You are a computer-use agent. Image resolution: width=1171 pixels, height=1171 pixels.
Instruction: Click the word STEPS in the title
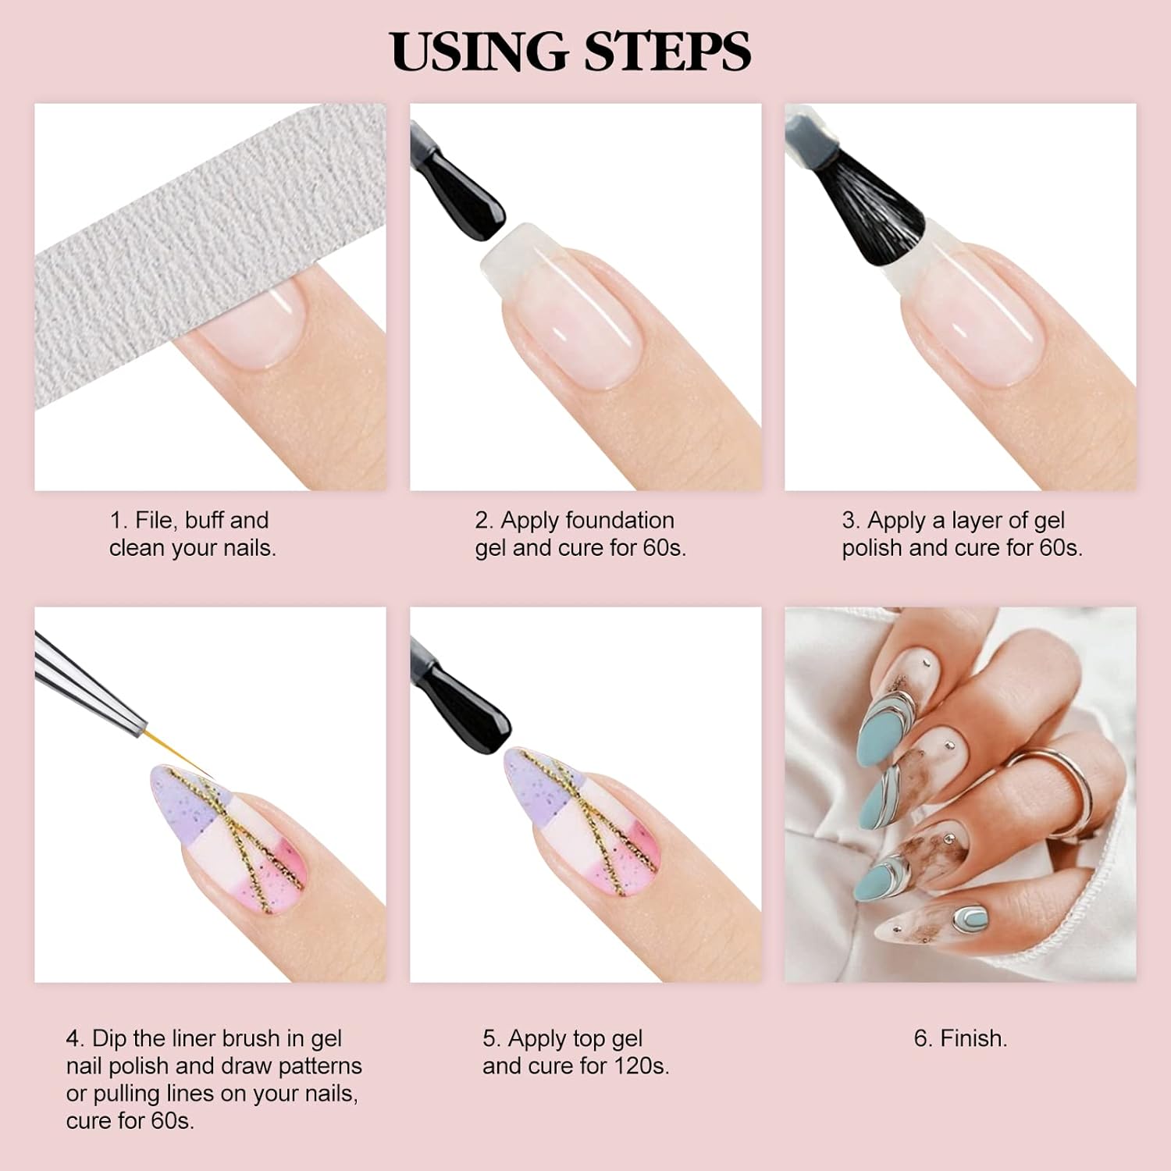[x=667, y=52]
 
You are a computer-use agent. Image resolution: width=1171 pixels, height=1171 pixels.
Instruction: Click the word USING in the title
[x=480, y=52]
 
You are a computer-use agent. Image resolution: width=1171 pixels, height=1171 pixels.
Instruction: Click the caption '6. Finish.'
[x=960, y=1038]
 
